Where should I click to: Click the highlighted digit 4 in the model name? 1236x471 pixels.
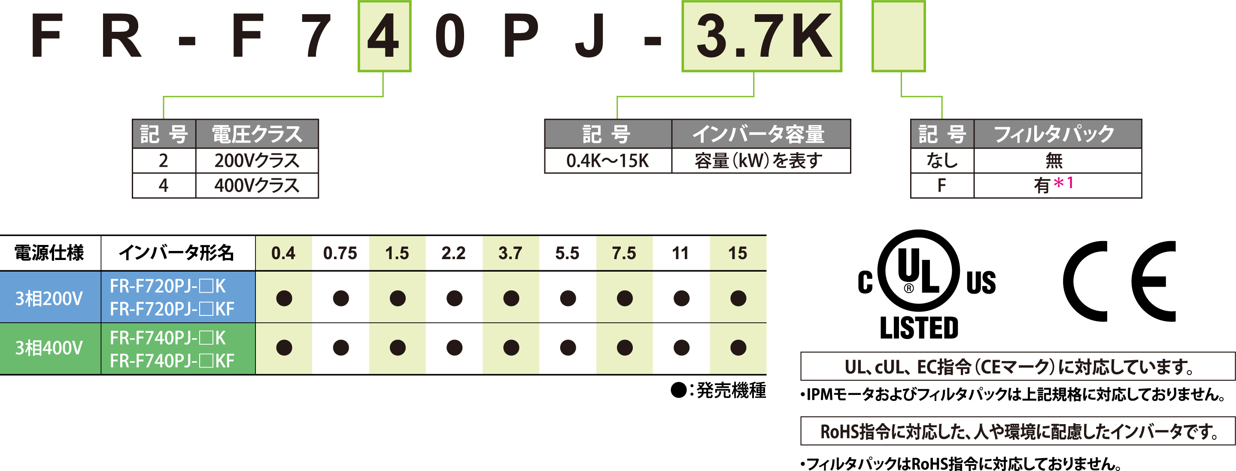(384, 37)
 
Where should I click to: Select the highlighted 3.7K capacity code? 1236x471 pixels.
(762, 37)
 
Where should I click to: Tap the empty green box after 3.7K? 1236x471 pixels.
(898, 37)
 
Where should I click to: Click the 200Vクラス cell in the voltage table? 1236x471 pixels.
(257, 161)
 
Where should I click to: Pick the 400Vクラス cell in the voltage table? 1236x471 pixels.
(257, 186)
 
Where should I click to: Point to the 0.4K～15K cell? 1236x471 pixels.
(607, 161)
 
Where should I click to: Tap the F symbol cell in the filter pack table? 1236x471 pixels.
(942, 186)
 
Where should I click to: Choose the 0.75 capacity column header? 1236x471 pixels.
(340, 253)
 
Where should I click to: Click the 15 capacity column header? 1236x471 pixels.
(738, 253)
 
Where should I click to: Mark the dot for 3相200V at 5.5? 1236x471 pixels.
(568, 298)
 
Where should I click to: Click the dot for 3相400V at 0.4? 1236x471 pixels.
(284, 348)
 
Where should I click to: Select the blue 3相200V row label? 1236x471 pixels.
(49, 298)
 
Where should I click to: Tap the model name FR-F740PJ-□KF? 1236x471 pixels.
(172, 361)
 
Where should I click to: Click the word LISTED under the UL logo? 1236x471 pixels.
(919, 328)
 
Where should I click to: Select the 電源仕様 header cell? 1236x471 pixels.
(49, 253)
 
